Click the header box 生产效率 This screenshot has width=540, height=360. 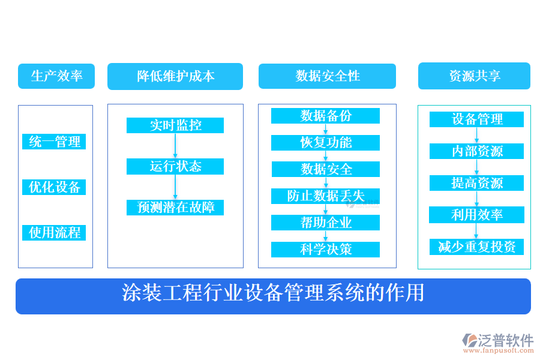[56, 76]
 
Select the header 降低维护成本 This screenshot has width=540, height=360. [175, 77]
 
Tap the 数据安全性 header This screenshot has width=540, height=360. [327, 76]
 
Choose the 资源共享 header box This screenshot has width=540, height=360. [474, 76]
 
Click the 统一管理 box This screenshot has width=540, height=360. [55, 142]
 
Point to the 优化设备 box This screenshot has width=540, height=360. [55, 187]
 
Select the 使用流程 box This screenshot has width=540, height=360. [55, 233]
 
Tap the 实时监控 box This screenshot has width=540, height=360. [175, 125]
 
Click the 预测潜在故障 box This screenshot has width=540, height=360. [175, 208]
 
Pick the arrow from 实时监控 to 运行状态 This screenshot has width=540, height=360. [175, 146]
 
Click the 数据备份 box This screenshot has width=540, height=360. [326, 116]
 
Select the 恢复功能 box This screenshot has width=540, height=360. [326, 143]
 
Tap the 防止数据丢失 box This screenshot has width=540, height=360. [326, 196]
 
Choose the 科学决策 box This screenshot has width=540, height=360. [326, 250]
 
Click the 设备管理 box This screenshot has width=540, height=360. [477, 119]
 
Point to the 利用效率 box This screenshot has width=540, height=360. [477, 215]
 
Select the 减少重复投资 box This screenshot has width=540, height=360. [477, 247]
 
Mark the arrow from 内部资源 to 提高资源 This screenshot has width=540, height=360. [477, 167]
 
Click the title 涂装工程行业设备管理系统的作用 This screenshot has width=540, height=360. [273, 294]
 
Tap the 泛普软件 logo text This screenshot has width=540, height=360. [506, 340]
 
